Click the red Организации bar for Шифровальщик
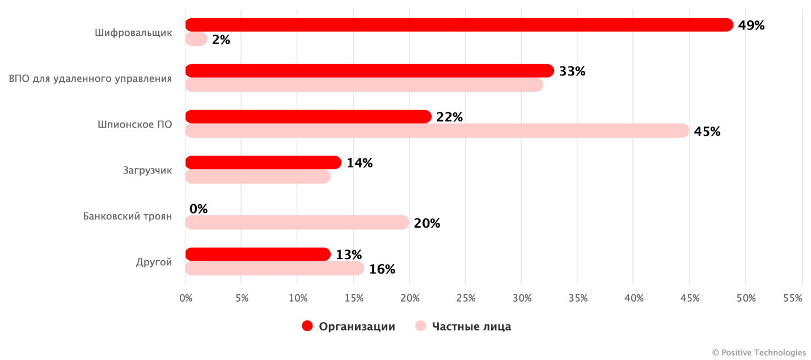[x=459, y=25]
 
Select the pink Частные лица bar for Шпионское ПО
[x=437, y=131]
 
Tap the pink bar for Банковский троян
[x=297, y=223]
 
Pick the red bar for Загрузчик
[x=263, y=163]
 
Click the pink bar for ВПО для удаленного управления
[x=364, y=85]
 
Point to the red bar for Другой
[x=257, y=255]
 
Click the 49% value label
[x=751, y=26]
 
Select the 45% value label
[x=707, y=132]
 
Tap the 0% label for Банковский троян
[x=198, y=209]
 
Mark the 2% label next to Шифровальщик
[x=221, y=40]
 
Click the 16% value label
[x=382, y=269]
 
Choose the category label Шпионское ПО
[x=134, y=124]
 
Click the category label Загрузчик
[x=147, y=170]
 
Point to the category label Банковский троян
[x=127, y=216]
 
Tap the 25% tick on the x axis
[x=465, y=298]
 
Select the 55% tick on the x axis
[x=792, y=298]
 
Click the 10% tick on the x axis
[x=298, y=298]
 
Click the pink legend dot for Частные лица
[x=420, y=326]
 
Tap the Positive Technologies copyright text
[x=759, y=352]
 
